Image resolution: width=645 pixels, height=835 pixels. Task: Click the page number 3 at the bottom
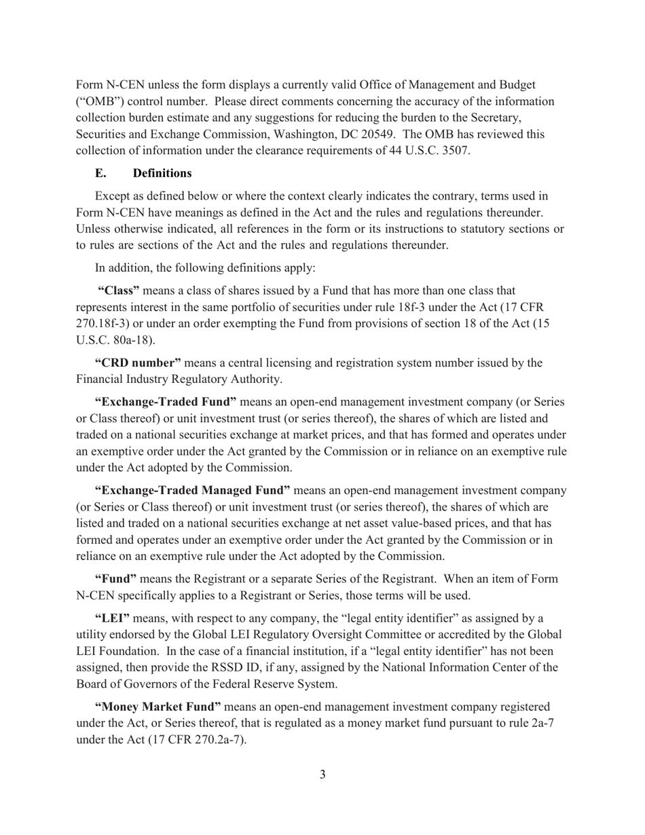(322, 775)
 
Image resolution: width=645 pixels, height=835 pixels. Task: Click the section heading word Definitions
(162, 173)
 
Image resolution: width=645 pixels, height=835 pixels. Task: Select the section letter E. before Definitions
(101, 173)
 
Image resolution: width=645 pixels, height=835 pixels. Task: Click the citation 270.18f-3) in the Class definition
(105, 324)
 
